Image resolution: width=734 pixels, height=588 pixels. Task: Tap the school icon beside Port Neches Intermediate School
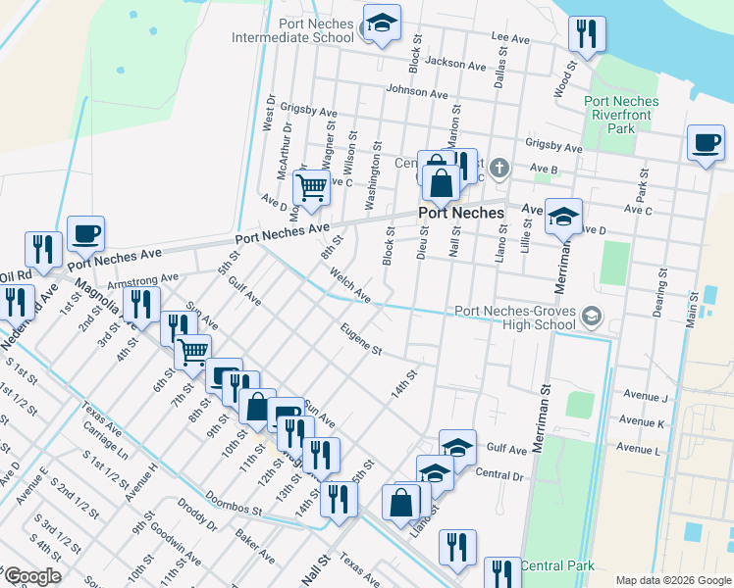click(x=381, y=24)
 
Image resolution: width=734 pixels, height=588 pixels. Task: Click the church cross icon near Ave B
click(x=498, y=169)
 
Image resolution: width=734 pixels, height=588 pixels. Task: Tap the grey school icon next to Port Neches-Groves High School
click(x=591, y=316)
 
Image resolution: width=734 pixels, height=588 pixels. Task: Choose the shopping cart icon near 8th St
click(x=311, y=185)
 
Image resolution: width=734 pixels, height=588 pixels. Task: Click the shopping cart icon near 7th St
click(x=192, y=350)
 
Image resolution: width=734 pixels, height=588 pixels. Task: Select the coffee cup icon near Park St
click(x=706, y=143)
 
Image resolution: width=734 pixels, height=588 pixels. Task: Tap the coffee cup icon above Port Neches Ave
click(x=85, y=234)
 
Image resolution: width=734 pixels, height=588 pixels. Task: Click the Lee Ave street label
click(x=510, y=38)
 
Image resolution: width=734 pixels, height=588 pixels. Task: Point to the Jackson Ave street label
click(x=456, y=66)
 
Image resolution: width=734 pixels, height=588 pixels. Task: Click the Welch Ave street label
click(x=350, y=286)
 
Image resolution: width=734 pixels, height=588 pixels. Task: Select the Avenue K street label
click(x=643, y=422)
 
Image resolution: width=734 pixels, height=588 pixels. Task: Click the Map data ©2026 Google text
click(x=672, y=580)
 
